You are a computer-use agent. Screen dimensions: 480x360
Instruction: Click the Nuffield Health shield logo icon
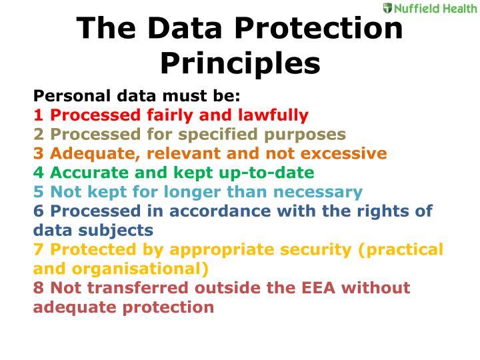pyautogui.click(x=387, y=8)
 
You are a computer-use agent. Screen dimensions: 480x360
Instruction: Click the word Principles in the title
pyautogui.click(x=240, y=64)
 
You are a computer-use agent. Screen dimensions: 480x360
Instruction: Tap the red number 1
pyautogui.click(x=38, y=115)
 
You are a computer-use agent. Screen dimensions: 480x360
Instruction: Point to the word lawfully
pyautogui.click(x=273, y=116)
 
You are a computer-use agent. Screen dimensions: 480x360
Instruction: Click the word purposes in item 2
pyautogui.click(x=305, y=135)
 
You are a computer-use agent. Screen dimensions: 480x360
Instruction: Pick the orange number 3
pyautogui.click(x=38, y=153)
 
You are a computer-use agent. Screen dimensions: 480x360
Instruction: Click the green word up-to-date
pyautogui.click(x=267, y=173)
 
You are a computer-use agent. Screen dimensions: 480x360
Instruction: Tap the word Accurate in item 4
pyautogui.click(x=90, y=173)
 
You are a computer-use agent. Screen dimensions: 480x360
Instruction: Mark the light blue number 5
pyautogui.click(x=38, y=191)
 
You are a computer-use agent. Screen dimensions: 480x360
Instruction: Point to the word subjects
pyautogui.click(x=116, y=231)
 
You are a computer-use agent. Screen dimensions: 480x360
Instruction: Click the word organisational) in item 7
pyautogui.click(x=140, y=269)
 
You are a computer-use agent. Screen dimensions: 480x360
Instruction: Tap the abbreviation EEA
pyautogui.click(x=318, y=288)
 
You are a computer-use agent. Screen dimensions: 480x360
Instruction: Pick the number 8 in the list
pyautogui.click(x=38, y=288)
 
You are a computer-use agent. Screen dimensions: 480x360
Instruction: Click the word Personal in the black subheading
pyautogui.click(x=72, y=96)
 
